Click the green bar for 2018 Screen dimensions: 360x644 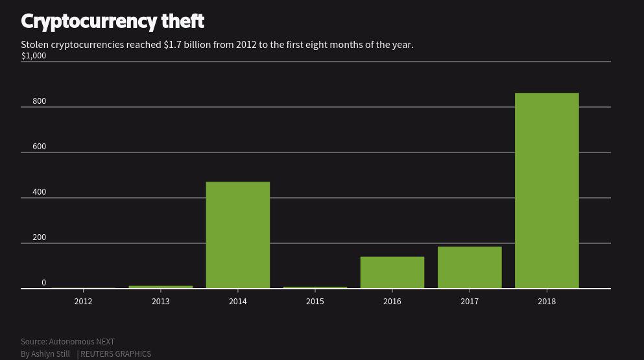pyautogui.click(x=547, y=191)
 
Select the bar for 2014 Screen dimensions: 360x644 pyautogui.click(x=237, y=235)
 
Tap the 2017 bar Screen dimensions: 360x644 pyautogui.click(x=470, y=267)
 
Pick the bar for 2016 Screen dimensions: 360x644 pyautogui.click(x=392, y=272)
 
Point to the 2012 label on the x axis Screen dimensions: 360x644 pyautogui.click(x=83, y=302)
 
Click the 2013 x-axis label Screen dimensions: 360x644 pyautogui.click(x=160, y=302)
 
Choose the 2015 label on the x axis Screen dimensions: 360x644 pyautogui.click(x=315, y=302)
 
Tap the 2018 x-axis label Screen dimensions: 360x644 pyautogui.click(x=547, y=302)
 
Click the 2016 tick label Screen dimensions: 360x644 pyautogui.click(x=392, y=302)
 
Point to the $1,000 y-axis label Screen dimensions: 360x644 pyautogui.click(x=34, y=56)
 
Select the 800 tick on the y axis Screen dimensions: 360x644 pyautogui.click(x=39, y=101)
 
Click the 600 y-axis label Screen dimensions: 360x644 pyautogui.click(x=39, y=147)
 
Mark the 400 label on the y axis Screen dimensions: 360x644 pyautogui.click(x=39, y=192)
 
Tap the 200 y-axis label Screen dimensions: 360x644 pyautogui.click(x=39, y=237)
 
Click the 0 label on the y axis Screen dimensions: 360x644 pyautogui.click(x=43, y=283)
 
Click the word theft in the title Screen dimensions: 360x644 pyautogui.click(x=183, y=21)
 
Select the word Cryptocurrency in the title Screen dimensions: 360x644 pyautogui.click(x=88, y=21)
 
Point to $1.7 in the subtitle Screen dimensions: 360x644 pyautogui.click(x=173, y=45)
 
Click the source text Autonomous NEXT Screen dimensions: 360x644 pyautogui.click(x=82, y=342)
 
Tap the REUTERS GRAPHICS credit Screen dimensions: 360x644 pyautogui.click(x=115, y=354)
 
